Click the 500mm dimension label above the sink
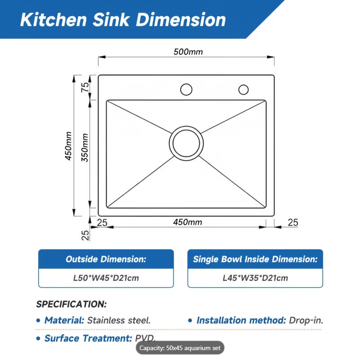coord(188,52)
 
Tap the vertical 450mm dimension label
coord(68,146)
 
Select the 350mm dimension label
coord(85,147)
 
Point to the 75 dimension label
coord(85,87)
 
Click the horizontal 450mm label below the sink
coord(187,222)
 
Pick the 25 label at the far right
coord(293,223)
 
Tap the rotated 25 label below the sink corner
coord(85,235)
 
